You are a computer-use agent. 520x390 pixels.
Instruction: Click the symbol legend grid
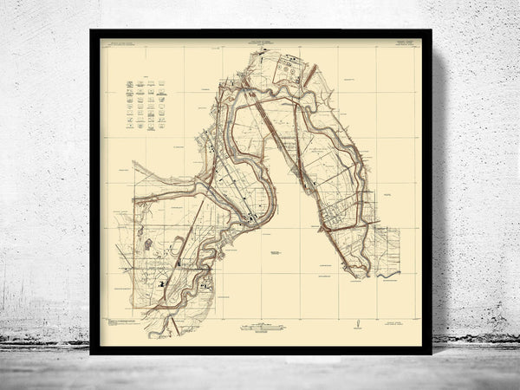click(x=146, y=103)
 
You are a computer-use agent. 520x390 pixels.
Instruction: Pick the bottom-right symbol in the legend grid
click(x=162, y=125)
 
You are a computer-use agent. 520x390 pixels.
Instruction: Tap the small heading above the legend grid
click(x=146, y=75)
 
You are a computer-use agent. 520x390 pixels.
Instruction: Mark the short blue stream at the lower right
click(x=388, y=276)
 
